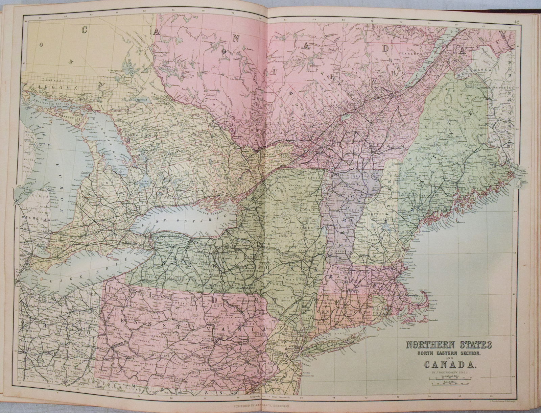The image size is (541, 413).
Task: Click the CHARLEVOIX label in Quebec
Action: point(412,53)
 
